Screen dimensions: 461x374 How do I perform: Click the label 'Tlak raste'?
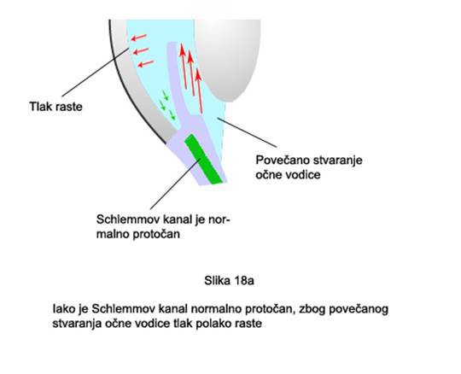(55, 107)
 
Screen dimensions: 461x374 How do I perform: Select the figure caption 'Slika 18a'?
(229, 281)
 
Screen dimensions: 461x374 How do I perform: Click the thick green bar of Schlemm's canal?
(203, 159)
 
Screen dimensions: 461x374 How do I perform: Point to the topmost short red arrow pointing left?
(139, 38)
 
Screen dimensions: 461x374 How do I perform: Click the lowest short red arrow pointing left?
(146, 63)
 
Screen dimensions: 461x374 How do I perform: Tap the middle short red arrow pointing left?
(141, 51)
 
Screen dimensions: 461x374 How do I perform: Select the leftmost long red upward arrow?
(184, 66)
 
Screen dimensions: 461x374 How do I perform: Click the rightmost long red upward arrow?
(200, 91)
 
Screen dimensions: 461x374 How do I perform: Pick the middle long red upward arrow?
(191, 73)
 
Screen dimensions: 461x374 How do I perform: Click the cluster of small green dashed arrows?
(167, 106)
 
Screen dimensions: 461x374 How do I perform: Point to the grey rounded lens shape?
(228, 57)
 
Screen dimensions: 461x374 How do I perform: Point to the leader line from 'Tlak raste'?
(96, 73)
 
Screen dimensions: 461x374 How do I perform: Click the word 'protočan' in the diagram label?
(156, 234)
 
